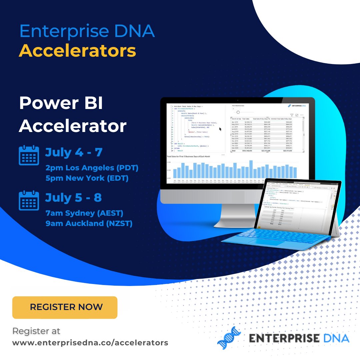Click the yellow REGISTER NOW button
[x=65, y=307]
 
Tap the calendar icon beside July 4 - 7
[x=29, y=155]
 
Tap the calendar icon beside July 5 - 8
[x=29, y=200]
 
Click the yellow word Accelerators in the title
[x=77, y=51]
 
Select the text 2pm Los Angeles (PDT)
[x=92, y=168]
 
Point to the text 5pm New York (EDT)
[x=87, y=178]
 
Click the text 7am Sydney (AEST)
[x=84, y=213]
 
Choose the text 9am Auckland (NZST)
[x=89, y=224]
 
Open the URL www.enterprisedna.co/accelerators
[x=90, y=343]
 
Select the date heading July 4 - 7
[x=74, y=152]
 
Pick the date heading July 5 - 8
[x=74, y=198]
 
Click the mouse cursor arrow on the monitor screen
[x=220, y=129]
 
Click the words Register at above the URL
[x=36, y=331]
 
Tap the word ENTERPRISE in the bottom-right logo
[x=283, y=338]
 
